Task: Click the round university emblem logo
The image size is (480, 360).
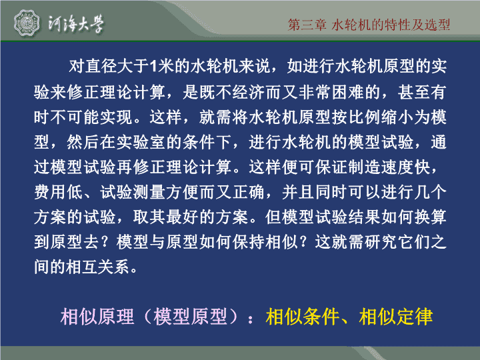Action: click(27, 23)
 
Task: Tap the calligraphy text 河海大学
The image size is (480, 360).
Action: click(76, 23)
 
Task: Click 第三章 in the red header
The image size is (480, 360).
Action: click(307, 25)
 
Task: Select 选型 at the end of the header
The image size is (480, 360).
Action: click(437, 25)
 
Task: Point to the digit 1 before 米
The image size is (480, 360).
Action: click(154, 66)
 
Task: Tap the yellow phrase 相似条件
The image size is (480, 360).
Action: click(303, 317)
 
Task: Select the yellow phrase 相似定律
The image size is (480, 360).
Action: click(396, 317)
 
